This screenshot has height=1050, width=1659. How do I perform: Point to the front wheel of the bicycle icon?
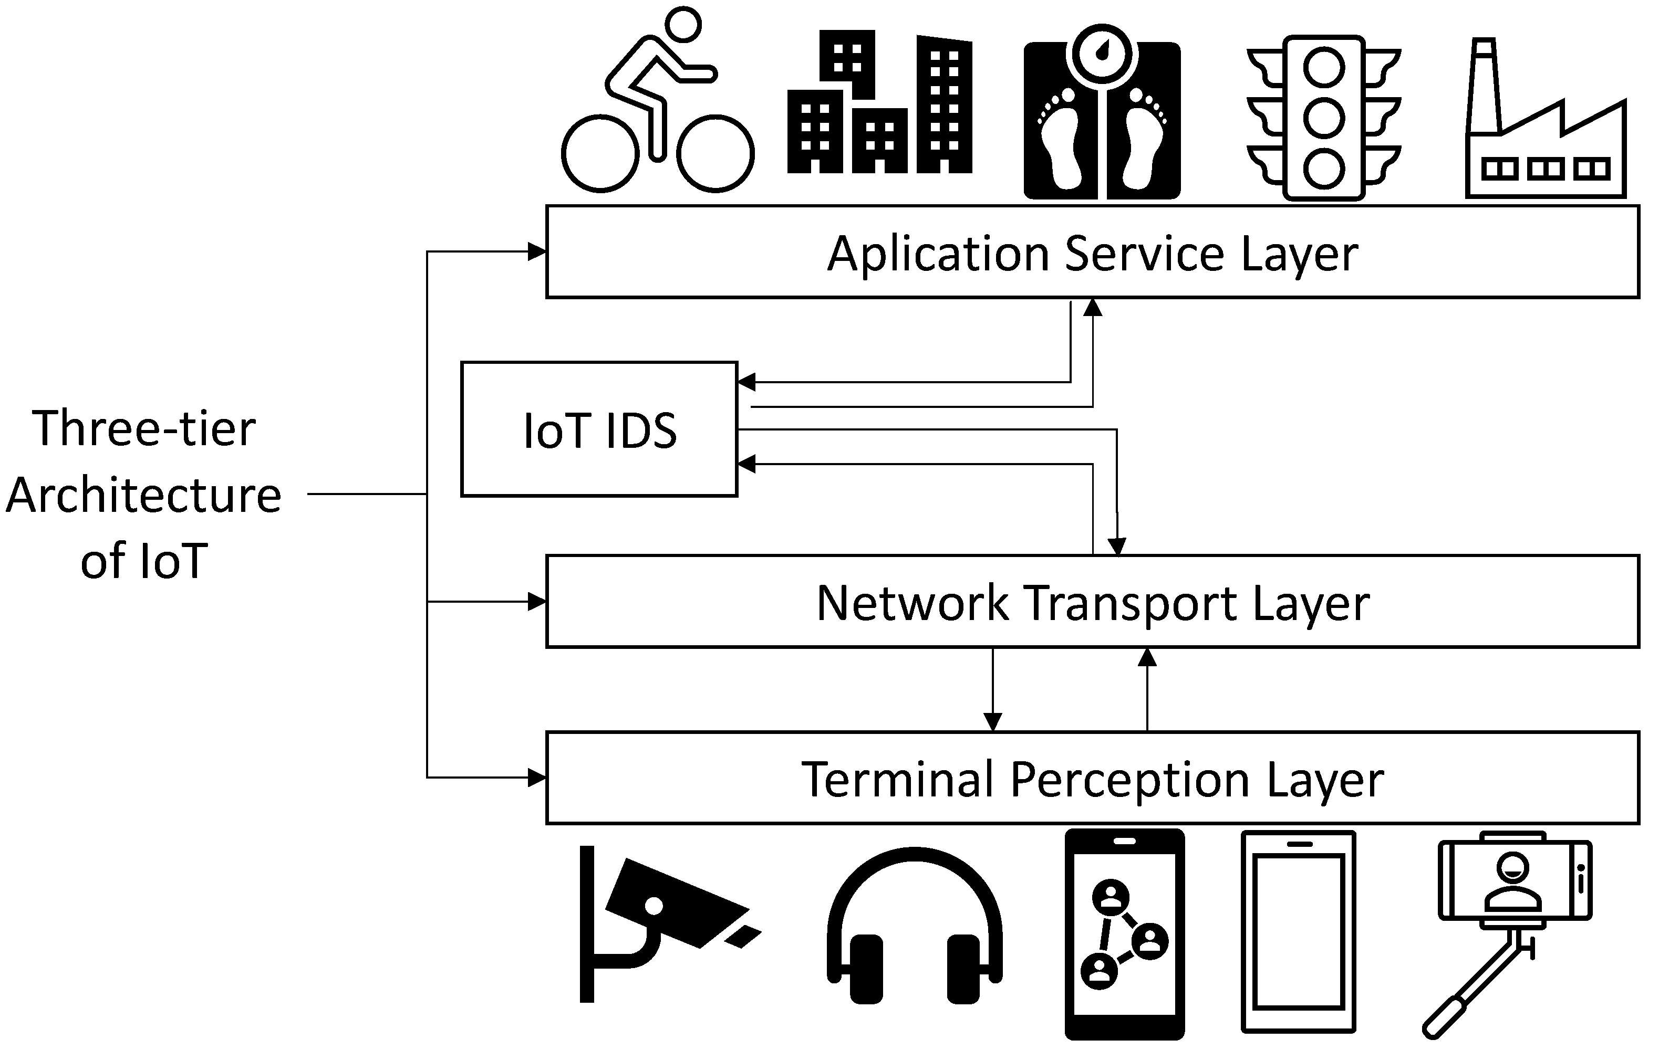715,153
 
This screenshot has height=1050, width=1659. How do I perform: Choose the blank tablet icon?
1299,931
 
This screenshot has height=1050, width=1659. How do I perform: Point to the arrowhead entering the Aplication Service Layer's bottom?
1093,307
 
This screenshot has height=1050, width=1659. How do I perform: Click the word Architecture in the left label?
144,495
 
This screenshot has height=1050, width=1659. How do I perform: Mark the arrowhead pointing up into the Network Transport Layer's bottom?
1147,657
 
